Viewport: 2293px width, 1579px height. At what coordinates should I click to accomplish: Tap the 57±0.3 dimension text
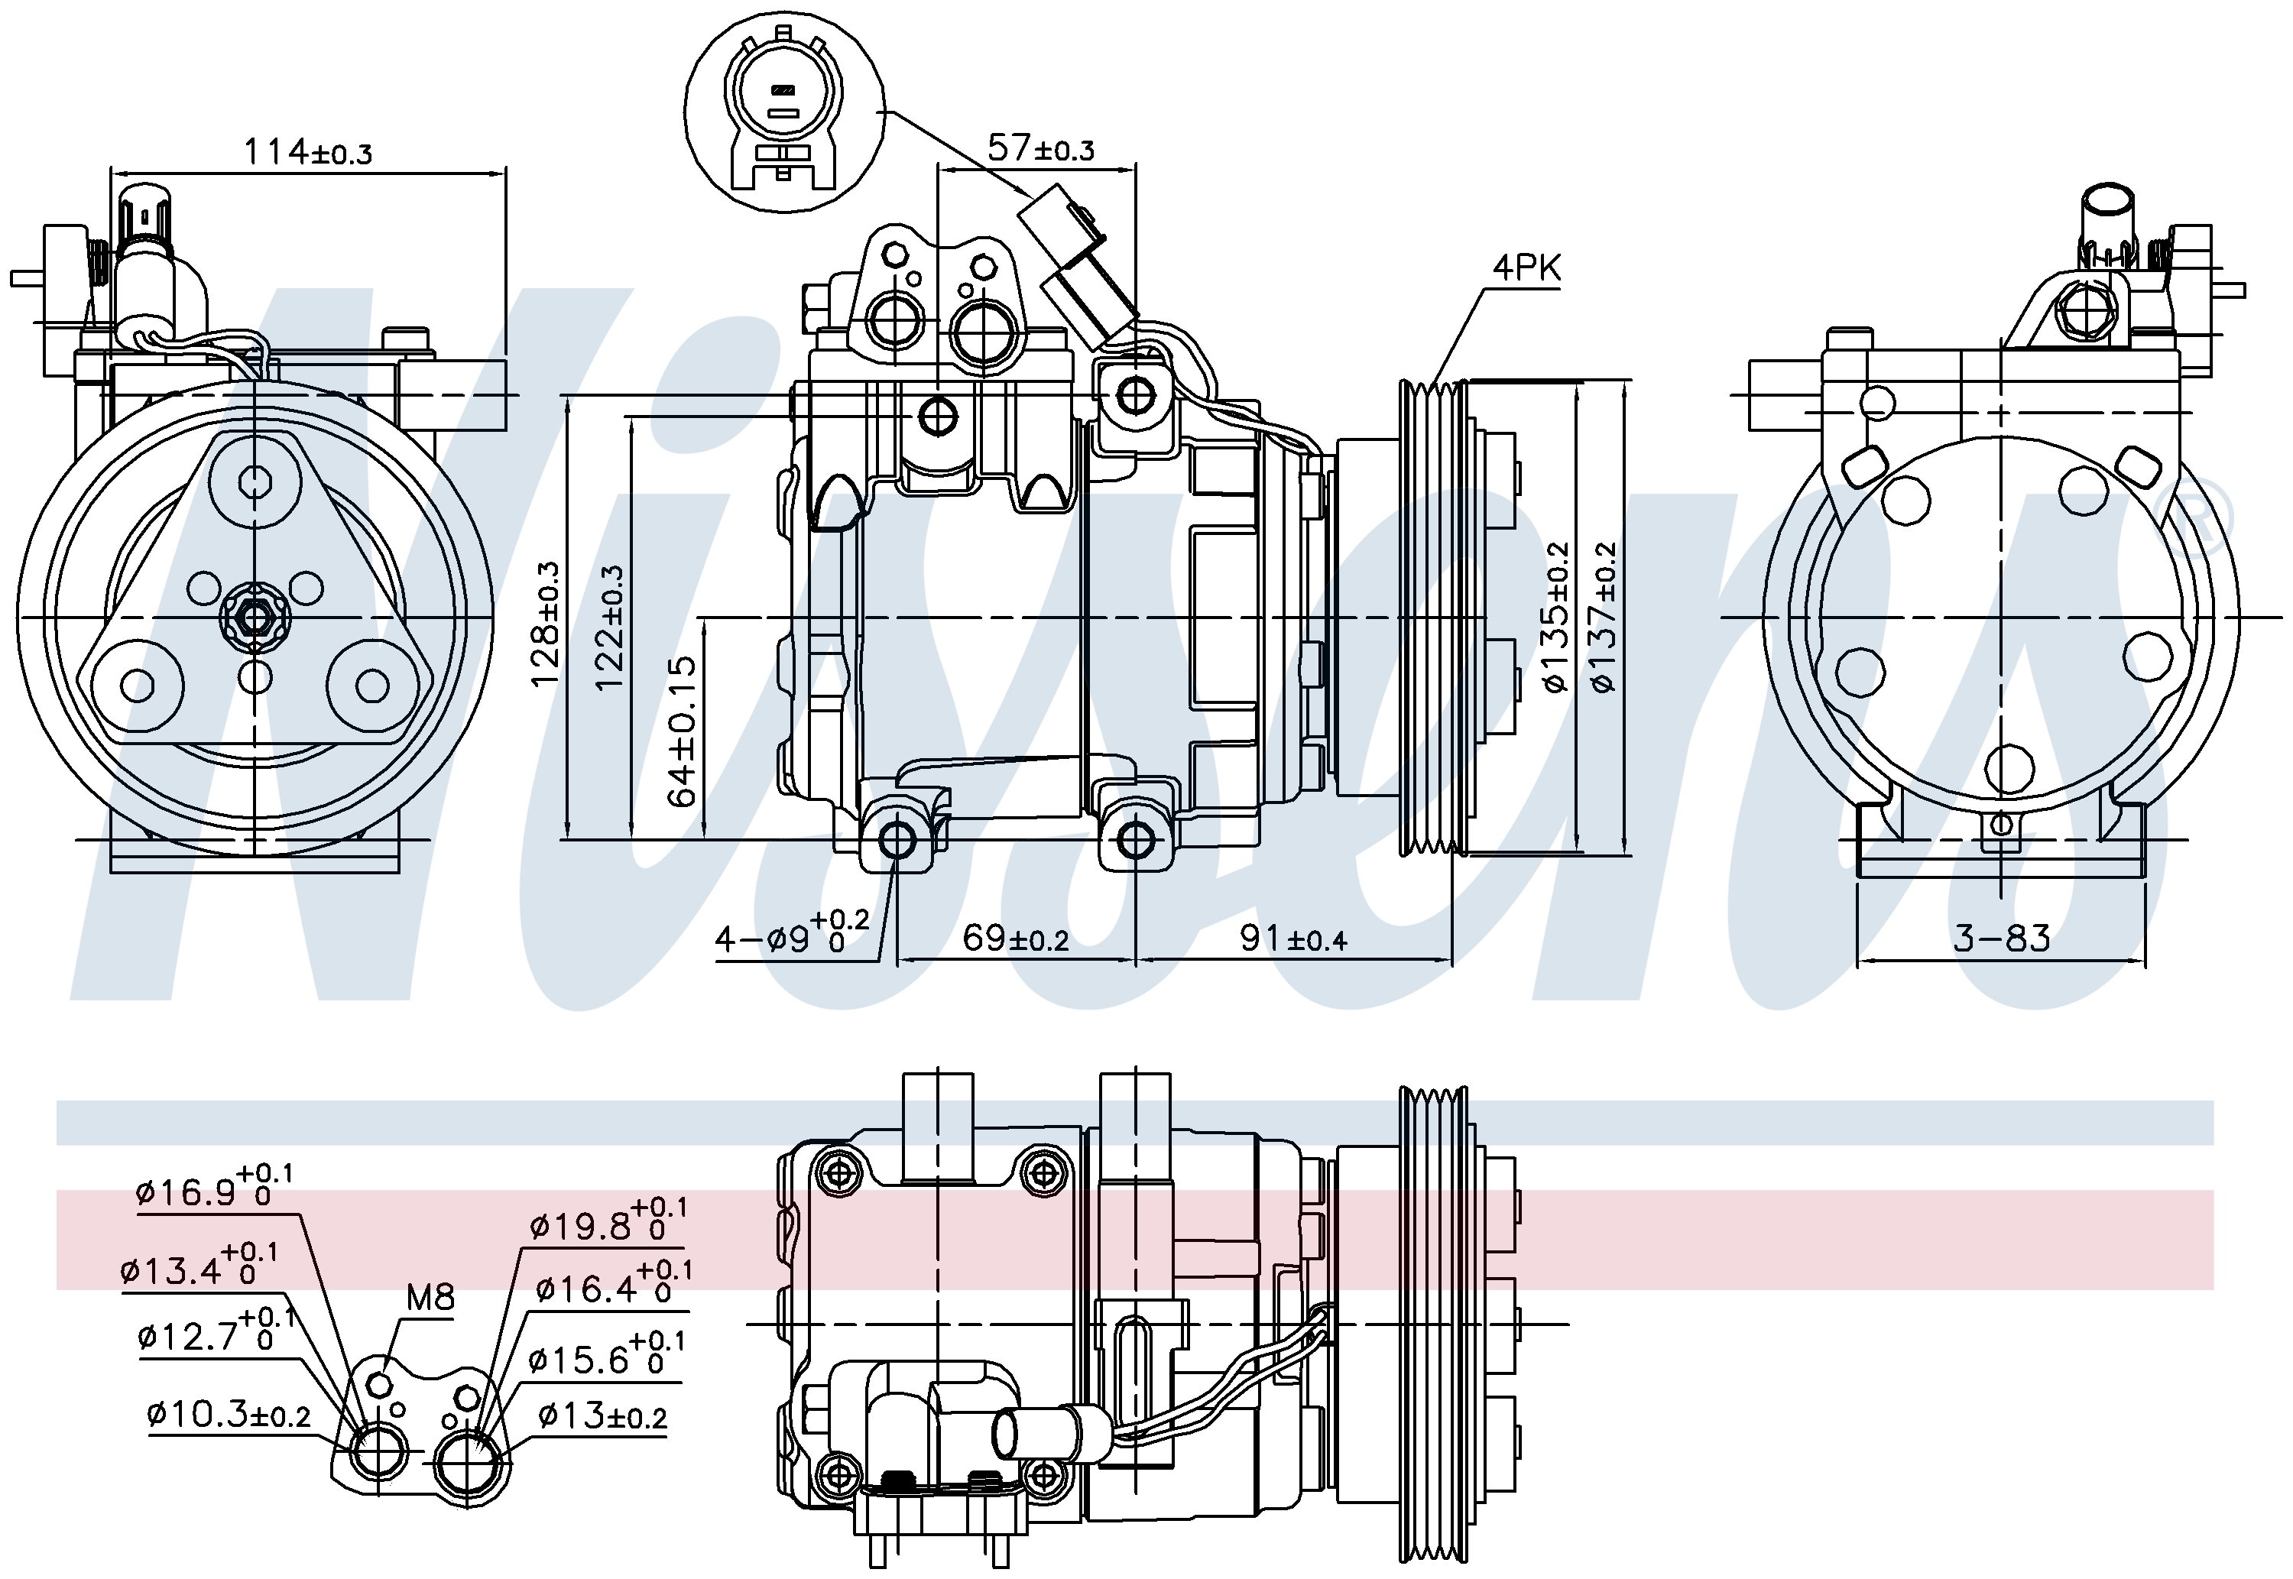point(1041,148)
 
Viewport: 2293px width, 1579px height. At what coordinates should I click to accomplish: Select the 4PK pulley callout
point(1526,267)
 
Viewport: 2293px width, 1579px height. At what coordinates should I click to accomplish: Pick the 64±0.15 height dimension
point(683,731)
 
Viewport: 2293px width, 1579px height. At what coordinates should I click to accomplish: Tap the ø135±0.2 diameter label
point(1555,618)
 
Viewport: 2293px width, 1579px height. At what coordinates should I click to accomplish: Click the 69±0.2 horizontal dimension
point(1015,938)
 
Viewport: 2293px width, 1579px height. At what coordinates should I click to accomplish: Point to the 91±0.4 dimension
point(1293,938)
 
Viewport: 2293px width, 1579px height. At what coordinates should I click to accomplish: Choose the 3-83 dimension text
point(2001,938)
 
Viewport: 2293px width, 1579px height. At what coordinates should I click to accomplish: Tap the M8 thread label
point(430,1296)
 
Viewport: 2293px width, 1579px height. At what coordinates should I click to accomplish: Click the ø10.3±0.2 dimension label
point(229,1415)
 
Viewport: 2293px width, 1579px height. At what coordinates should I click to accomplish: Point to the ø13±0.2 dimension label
point(602,1417)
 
